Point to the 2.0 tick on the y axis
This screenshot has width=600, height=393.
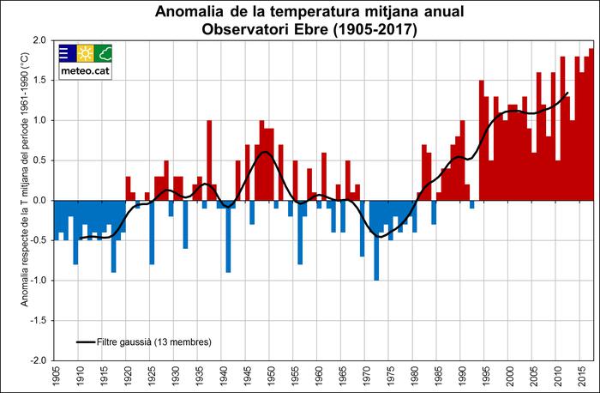coord(39,40)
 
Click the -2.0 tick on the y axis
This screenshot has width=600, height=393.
coord(37,360)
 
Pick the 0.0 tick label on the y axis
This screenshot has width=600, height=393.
coord(39,200)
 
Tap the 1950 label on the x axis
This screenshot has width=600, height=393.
coord(271,377)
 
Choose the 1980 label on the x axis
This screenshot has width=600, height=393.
coord(415,377)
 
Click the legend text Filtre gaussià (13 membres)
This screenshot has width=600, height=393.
coord(153,342)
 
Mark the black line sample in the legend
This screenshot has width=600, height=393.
coord(85,342)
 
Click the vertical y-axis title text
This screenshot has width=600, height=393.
coord(13,199)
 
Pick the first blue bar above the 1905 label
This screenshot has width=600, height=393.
coord(56,220)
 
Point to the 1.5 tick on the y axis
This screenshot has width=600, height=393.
coord(39,81)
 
